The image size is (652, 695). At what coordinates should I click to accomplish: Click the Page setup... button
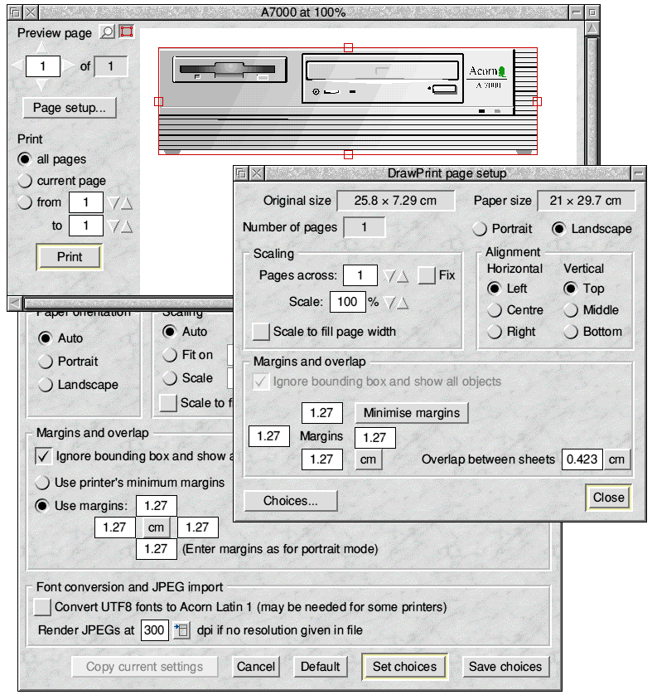pyautogui.click(x=70, y=108)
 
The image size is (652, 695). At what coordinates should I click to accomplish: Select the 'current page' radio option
pyautogui.click(x=25, y=181)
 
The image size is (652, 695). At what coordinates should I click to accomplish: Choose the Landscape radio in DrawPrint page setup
pyautogui.click(x=560, y=229)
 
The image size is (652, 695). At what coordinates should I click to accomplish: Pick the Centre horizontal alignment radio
pyautogui.click(x=495, y=310)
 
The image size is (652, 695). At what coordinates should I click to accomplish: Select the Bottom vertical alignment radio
pyautogui.click(x=572, y=332)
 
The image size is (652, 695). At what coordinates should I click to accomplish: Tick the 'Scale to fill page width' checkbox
pyautogui.click(x=262, y=332)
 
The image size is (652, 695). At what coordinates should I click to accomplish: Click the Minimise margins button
pyautogui.click(x=412, y=412)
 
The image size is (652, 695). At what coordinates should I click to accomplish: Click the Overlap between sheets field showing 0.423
pyautogui.click(x=582, y=459)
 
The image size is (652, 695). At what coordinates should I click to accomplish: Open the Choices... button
pyautogui.click(x=291, y=501)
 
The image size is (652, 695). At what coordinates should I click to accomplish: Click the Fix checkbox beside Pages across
pyautogui.click(x=427, y=275)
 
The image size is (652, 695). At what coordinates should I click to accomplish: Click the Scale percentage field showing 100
pyautogui.click(x=347, y=302)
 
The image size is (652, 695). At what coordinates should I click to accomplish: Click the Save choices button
pyautogui.click(x=505, y=666)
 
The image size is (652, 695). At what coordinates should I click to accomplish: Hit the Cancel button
pyautogui.click(x=256, y=666)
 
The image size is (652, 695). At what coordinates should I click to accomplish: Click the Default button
pyautogui.click(x=321, y=666)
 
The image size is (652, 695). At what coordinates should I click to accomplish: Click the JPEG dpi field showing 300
pyautogui.click(x=154, y=630)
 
